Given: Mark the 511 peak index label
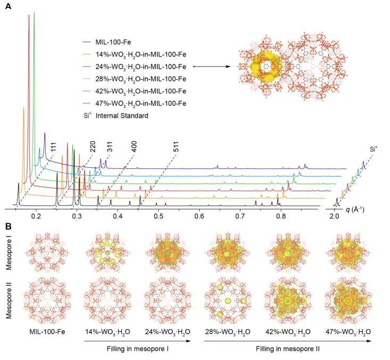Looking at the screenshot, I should coord(175,149).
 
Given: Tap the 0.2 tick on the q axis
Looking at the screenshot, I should coord(36,216).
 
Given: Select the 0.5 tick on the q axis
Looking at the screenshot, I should coord(158,216).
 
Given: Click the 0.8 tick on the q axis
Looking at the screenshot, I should coord(280,216).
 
